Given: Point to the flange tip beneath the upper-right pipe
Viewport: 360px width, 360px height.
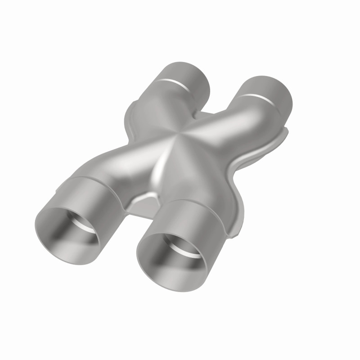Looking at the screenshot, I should (x=283, y=131).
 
